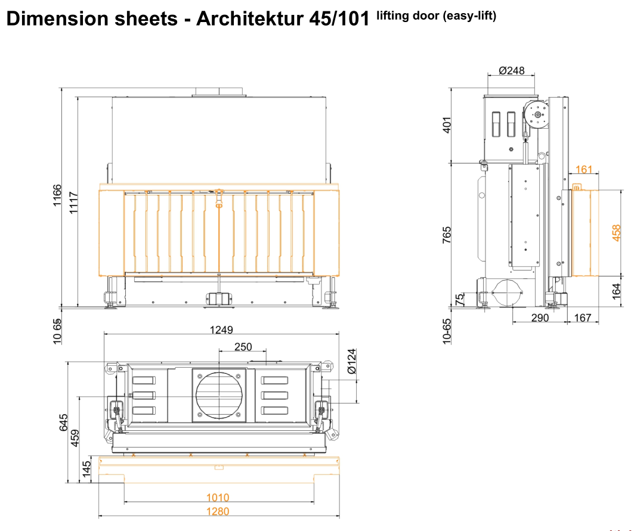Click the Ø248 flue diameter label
512,71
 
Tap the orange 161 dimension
584,169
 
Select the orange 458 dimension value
616,233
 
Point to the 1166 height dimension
57,195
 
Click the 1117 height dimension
73,203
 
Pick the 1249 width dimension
221,330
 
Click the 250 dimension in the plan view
243,347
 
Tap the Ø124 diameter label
352,361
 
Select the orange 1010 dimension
218,497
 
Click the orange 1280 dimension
218,511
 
